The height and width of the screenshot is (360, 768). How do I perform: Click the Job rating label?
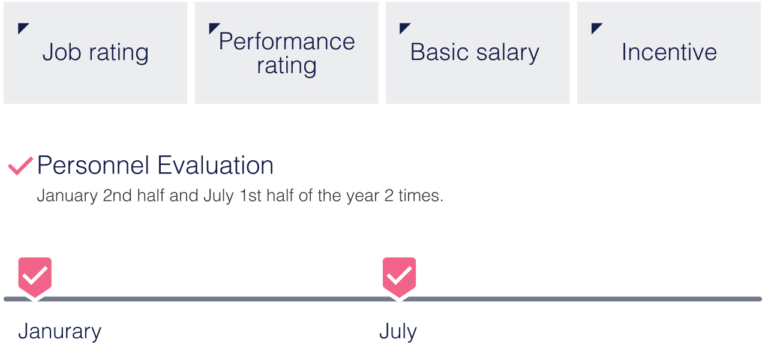95,53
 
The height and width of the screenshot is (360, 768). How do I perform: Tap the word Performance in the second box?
287,41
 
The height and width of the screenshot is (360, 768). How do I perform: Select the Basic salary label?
475,53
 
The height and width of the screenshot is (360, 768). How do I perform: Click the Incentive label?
669,52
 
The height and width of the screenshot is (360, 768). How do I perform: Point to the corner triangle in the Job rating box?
22,27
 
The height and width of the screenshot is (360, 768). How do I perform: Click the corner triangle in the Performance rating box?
213,27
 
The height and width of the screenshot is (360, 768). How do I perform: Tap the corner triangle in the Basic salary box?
404,27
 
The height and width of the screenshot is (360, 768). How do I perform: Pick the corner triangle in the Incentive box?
596,27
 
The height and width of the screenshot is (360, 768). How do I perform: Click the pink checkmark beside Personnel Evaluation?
20,166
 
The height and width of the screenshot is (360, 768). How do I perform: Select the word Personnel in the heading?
93,165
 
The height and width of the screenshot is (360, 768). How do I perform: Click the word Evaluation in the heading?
215,165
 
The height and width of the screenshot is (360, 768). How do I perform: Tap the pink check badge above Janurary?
35,278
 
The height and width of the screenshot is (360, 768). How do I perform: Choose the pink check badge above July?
400,278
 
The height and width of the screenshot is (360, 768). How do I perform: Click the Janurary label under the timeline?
59,332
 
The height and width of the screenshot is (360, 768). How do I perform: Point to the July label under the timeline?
398,332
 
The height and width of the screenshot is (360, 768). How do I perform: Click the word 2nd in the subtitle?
117,196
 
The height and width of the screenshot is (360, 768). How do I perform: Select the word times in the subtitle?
421,196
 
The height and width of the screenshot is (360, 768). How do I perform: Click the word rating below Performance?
287,66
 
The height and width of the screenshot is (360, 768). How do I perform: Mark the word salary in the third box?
508,53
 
